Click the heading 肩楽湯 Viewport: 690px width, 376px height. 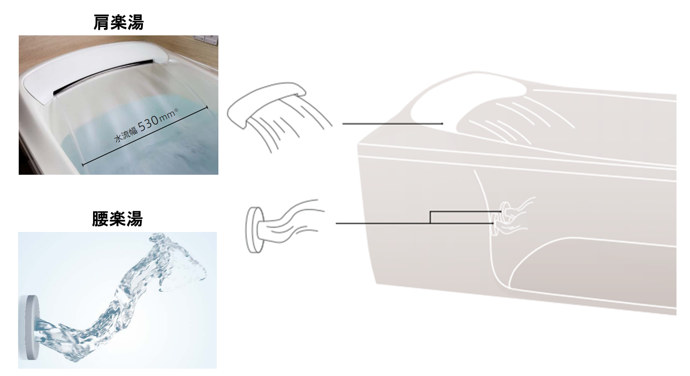(x=119, y=22)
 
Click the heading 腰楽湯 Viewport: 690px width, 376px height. (x=118, y=218)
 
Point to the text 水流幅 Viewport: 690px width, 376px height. (x=126, y=135)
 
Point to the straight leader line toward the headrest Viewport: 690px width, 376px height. (x=393, y=124)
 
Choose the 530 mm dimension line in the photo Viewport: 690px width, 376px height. (x=145, y=136)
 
